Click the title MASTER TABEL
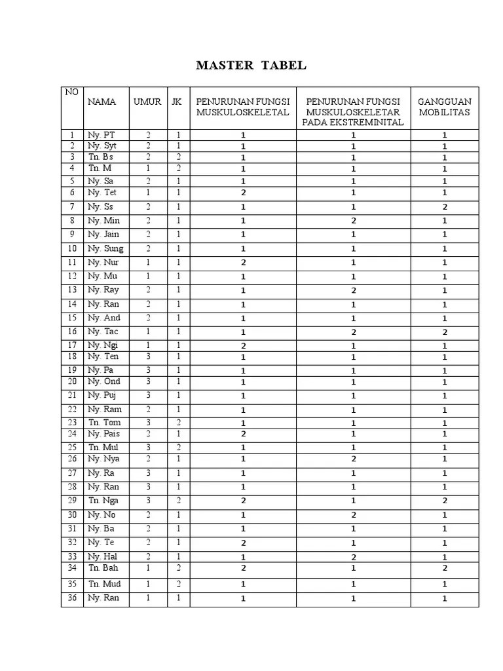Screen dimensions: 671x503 point(251,66)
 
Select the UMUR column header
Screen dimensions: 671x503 point(147,102)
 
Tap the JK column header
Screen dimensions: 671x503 point(177,102)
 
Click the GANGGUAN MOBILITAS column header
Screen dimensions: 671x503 point(445,107)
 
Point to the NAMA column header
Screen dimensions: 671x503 point(102,102)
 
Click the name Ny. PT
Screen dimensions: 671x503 point(101,135)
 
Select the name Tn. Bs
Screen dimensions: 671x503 point(101,157)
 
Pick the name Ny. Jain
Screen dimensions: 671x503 point(103,234)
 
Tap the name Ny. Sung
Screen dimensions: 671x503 point(105,248)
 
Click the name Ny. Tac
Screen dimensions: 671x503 point(103,332)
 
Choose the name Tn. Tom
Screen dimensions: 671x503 point(105,422)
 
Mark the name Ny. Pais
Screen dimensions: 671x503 point(104,434)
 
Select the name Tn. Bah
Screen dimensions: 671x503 point(103,567)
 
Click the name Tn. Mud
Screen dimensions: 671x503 point(105,583)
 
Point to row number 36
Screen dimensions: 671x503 point(72,598)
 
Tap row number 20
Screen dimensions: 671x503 point(72,381)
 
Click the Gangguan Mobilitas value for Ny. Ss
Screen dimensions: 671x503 point(445,207)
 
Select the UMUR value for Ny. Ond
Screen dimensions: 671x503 point(148,381)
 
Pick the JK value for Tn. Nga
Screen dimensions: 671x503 point(178,501)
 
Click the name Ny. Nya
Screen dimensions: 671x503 point(104,459)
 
